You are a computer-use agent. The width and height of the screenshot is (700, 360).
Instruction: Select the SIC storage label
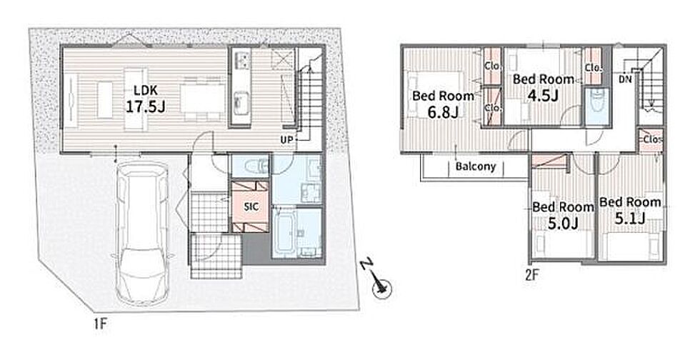click(249, 207)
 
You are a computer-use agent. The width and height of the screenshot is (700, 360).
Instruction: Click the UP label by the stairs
click(286, 140)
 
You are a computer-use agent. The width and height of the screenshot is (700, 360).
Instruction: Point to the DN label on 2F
click(625, 79)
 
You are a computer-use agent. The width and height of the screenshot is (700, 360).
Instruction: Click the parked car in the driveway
click(142, 233)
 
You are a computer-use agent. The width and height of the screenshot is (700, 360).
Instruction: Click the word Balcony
click(476, 166)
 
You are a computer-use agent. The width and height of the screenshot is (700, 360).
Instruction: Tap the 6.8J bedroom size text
click(443, 111)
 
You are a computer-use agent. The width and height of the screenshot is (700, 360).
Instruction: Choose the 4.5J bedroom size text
click(542, 96)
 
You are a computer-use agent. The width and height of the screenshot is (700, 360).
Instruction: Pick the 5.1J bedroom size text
click(630, 219)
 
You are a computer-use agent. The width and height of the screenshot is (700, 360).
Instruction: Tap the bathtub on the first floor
click(285, 232)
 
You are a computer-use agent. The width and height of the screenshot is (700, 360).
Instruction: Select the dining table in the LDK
click(203, 99)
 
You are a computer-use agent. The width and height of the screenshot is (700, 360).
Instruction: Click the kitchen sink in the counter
click(241, 98)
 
